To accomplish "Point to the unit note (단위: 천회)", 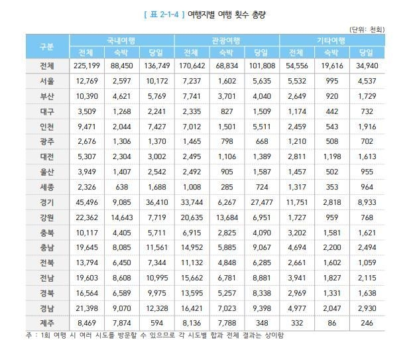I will point(367,29).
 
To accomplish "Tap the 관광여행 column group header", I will point(227,40).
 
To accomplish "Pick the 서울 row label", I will point(46,80).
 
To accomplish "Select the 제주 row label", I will point(46,323).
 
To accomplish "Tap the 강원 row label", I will point(46,217).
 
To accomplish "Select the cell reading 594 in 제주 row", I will point(158,323).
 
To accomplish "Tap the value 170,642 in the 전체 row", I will point(190,66).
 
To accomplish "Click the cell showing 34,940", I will point(367,66).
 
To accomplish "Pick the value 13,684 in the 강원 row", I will point(226,217).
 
